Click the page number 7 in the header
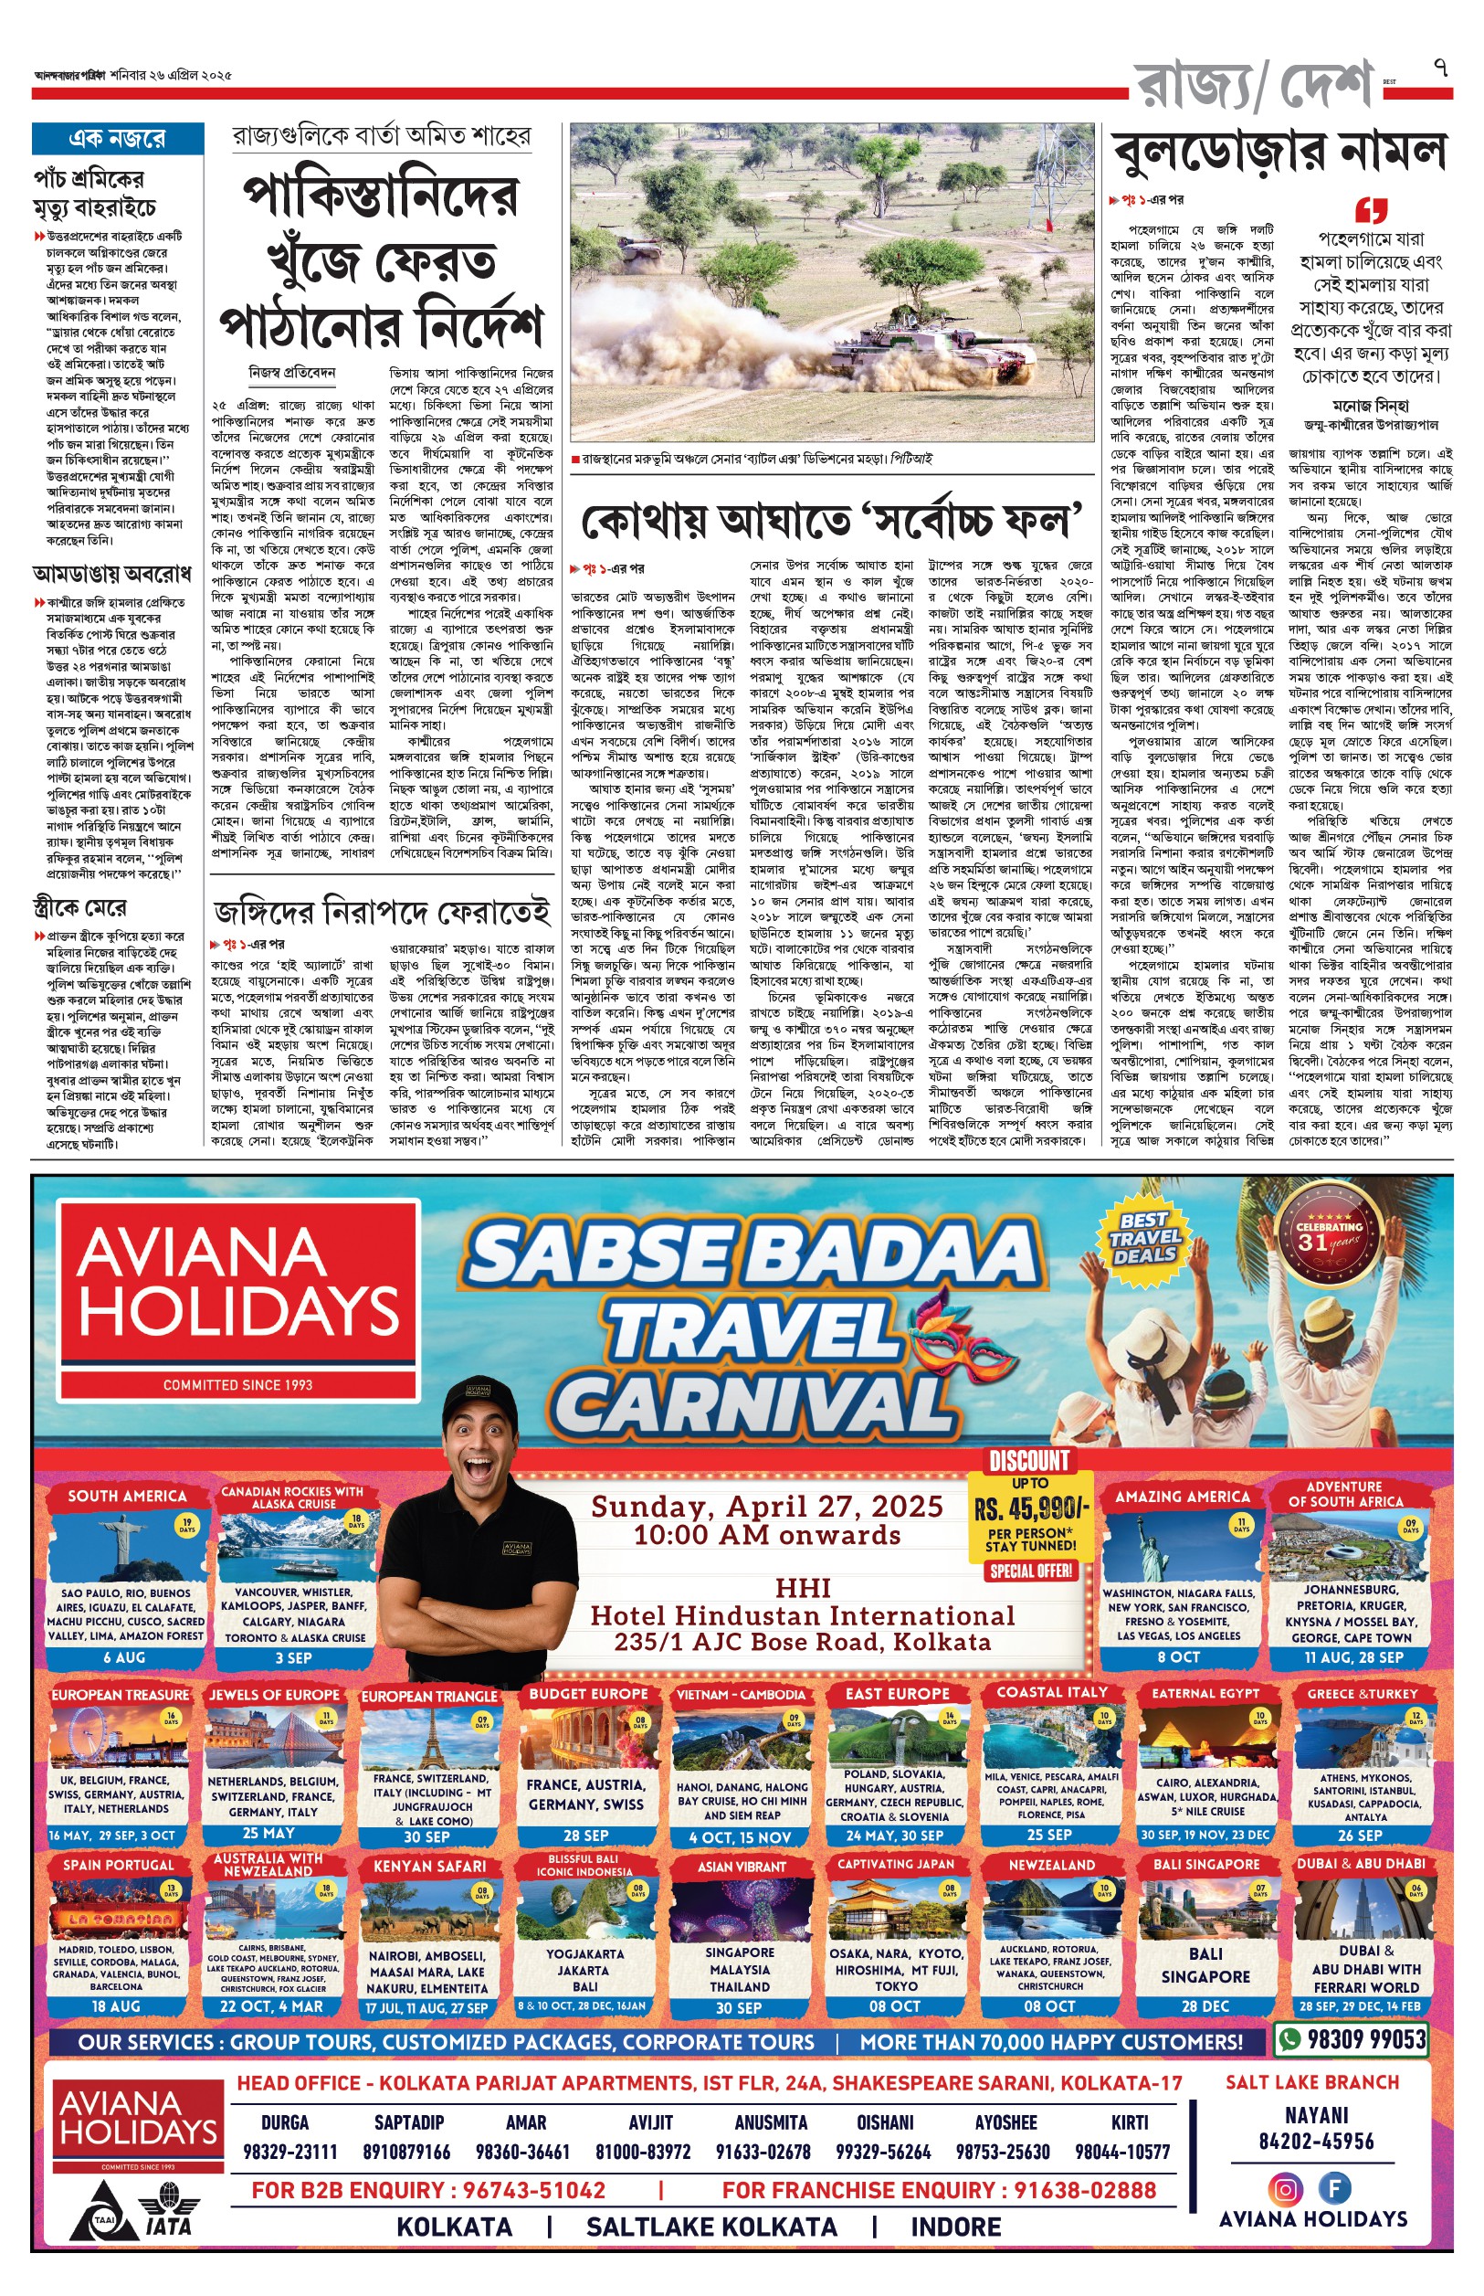tap(1439, 68)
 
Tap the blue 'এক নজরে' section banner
tap(118, 139)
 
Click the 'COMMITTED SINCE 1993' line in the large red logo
tap(237, 1385)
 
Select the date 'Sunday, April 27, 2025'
tap(766, 1507)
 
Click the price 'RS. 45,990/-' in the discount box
tap(1030, 1508)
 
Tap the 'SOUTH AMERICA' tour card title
tap(127, 1496)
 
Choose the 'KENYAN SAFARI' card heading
tap(430, 1866)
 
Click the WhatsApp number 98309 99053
tap(1365, 2039)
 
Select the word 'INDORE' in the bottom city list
tap(956, 2227)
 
